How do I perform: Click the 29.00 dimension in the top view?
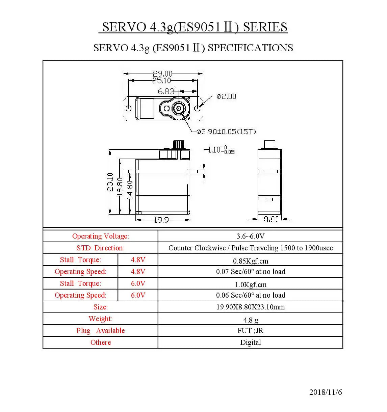coord(162,73)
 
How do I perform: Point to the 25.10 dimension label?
coord(161,81)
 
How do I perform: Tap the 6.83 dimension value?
coord(166,91)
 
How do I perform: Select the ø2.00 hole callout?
coord(227,97)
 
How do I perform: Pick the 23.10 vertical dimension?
coord(110,182)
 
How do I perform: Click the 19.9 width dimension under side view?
coord(161,220)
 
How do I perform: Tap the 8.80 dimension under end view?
coord(271,219)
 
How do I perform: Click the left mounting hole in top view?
coord(129,108)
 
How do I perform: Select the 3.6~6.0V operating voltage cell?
coord(250,236)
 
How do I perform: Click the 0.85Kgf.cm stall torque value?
coord(250,261)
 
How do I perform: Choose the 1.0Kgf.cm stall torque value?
coord(250,285)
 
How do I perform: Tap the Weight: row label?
coord(100,319)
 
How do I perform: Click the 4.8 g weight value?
coord(250,320)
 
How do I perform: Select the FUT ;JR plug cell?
coord(250,331)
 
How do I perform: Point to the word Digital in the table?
coord(250,342)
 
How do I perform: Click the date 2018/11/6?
coord(326,392)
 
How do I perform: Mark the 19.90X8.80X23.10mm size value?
coord(250,307)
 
